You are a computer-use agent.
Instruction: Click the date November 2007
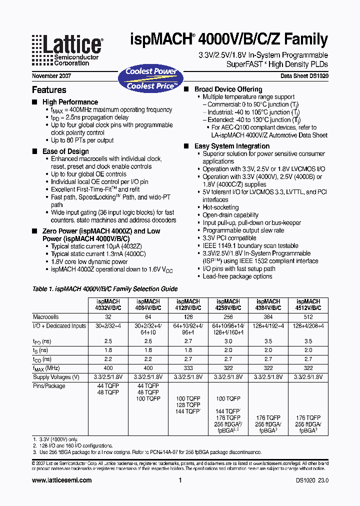point(51,76)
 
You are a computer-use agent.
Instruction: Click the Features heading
point(49,90)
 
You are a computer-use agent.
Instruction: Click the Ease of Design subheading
point(65,151)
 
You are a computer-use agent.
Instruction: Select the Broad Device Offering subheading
point(228,89)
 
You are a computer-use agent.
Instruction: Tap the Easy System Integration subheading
point(231,146)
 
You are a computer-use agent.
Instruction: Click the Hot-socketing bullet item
point(220,207)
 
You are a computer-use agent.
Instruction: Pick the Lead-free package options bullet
point(237,276)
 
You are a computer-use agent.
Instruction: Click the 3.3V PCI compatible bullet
point(229,238)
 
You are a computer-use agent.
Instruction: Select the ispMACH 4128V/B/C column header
point(187,305)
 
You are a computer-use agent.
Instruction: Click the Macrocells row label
point(46,317)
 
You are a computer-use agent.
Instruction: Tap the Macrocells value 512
point(308,317)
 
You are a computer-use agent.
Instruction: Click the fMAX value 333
point(187,367)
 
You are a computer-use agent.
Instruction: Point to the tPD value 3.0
point(227,341)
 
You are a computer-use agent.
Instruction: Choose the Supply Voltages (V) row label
point(56,376)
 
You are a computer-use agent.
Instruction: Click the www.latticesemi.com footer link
point(61,480)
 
